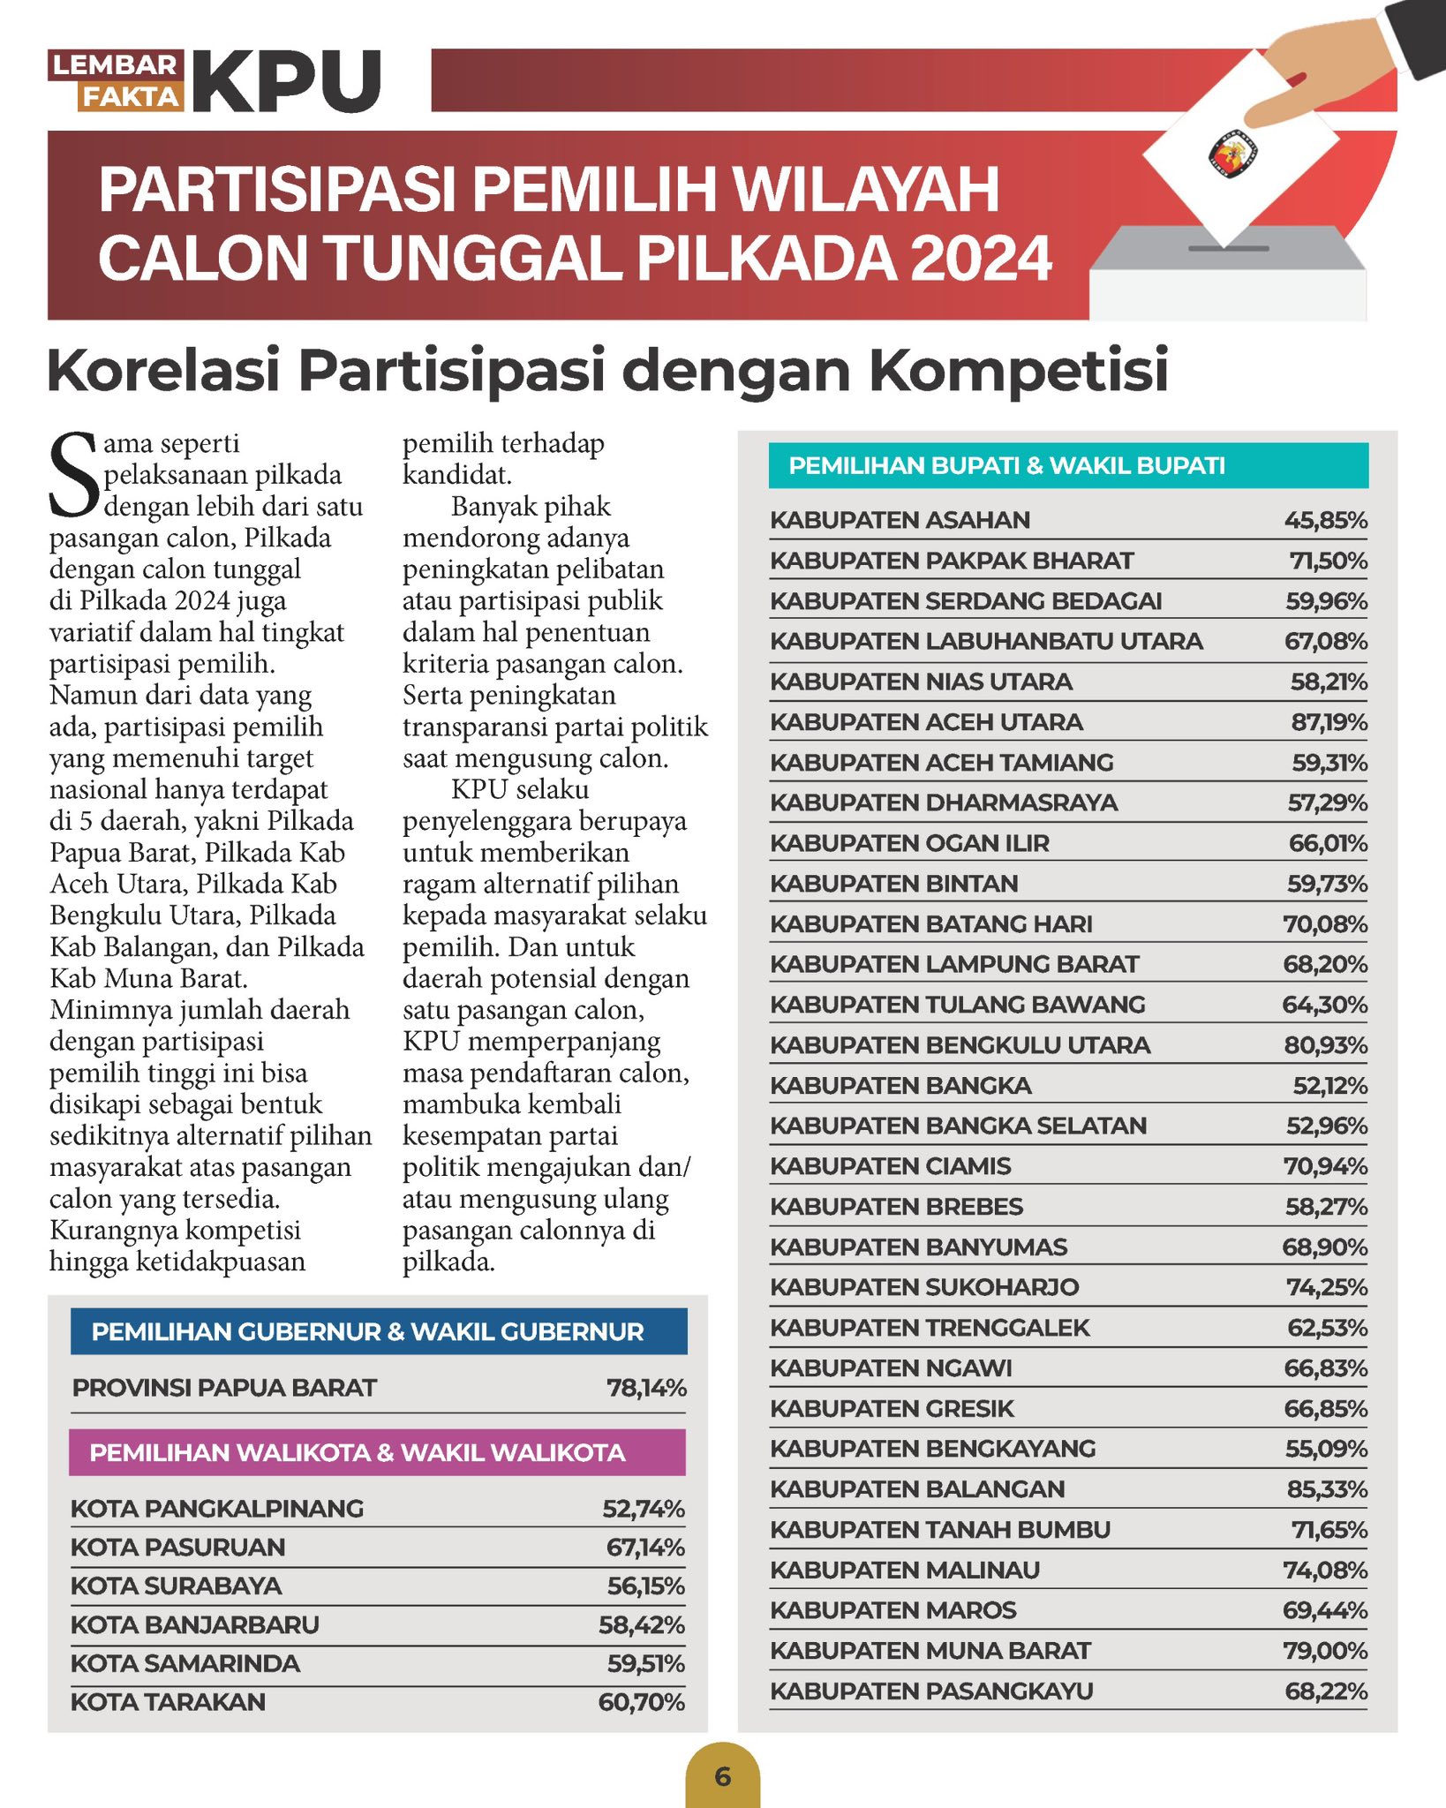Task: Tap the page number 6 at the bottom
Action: coord(722,1776)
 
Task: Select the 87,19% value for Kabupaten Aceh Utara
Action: coord(1329,722)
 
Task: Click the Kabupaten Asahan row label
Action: coord(900,520)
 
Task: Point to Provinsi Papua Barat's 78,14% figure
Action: coord(646,1388)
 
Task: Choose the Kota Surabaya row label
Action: coord(177,1586)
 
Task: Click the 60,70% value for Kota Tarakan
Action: coord(641,1702)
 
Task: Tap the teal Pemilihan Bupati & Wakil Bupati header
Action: coord(1068,465)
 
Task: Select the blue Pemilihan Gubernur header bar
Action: coord(378,1331)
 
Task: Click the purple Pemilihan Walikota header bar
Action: coord(377,1452)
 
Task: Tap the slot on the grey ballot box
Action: coord(1228,249)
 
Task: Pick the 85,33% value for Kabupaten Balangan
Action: coord(1327,1489)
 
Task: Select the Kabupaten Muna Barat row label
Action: coord(930,1651)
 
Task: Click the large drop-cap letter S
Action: coord(73,475)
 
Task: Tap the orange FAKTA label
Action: coord(131,96)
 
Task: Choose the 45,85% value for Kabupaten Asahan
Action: coord(1325,520)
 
